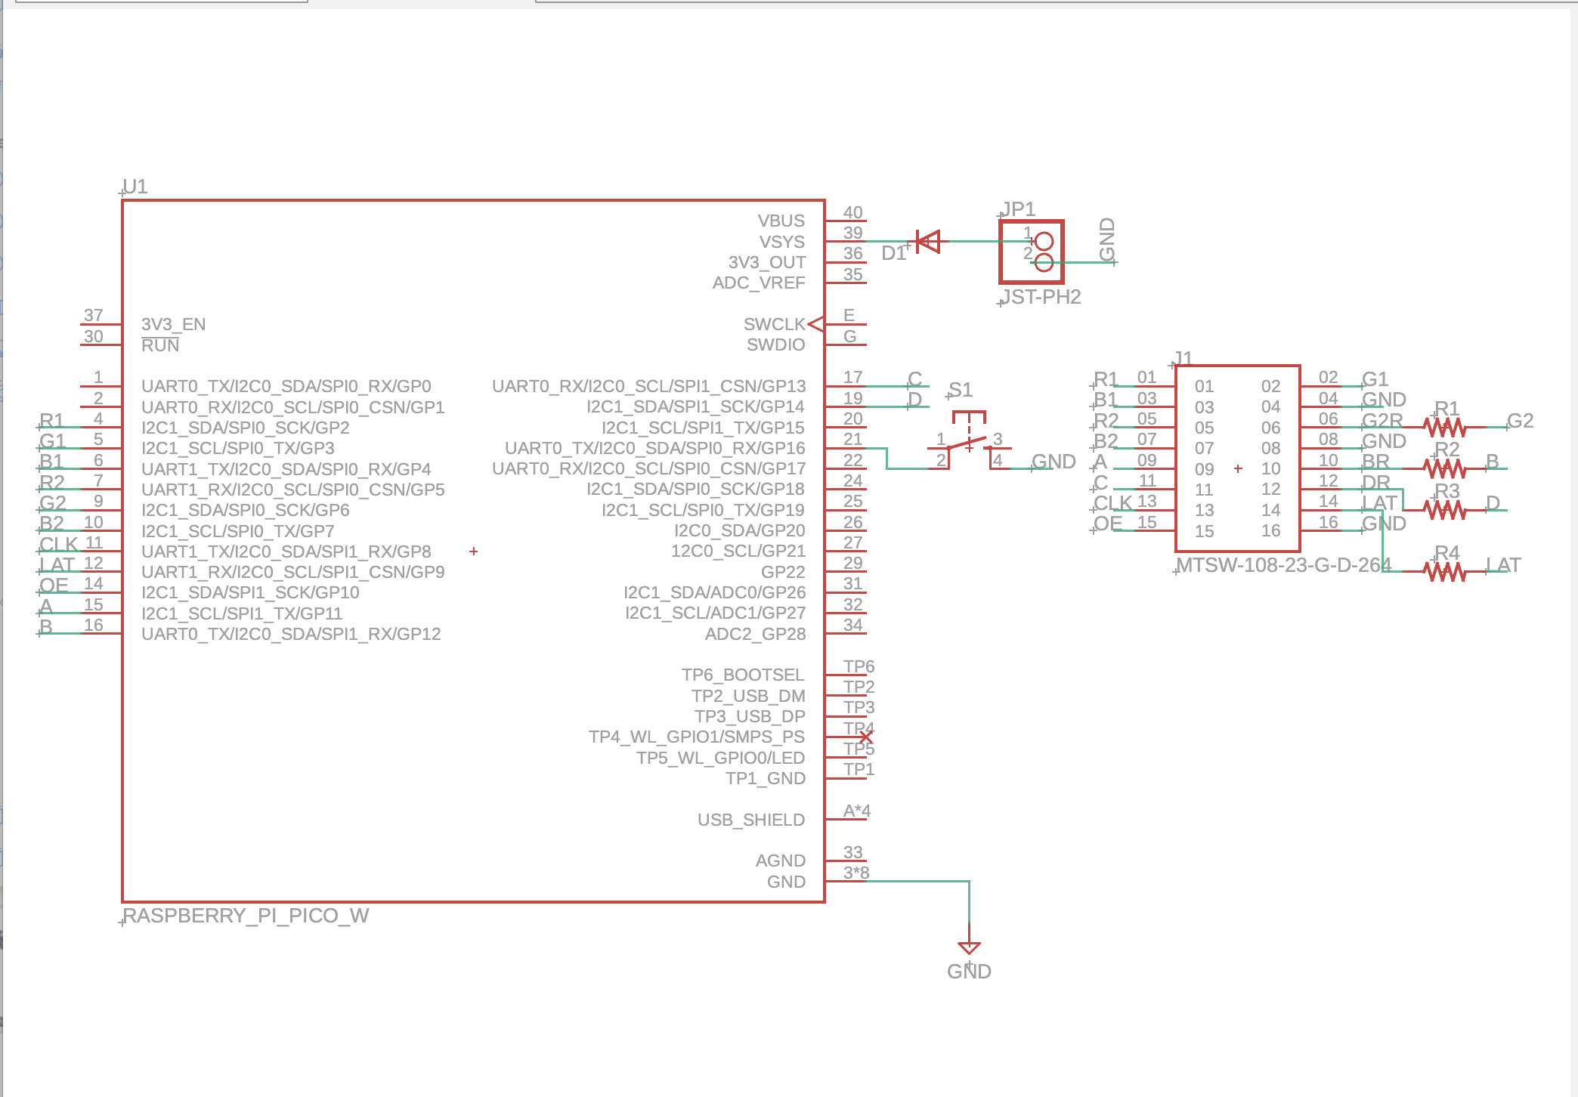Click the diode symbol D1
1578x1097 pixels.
pos(927,242)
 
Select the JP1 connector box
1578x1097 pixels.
pos(1032,252)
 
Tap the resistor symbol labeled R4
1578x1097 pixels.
pos(1445,572)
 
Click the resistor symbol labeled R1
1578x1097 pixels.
pos(1445,428)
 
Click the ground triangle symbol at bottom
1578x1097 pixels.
pos(969,947)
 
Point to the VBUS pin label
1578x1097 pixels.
pos(781,221)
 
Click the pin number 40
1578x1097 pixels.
pos(852,212)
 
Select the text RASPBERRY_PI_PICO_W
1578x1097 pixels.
pos(246,916)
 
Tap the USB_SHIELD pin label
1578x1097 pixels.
pos(750,820)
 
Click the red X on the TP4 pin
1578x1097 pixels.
pos(866,737)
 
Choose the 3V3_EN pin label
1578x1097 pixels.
pos(173,324)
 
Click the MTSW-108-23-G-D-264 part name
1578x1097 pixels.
pos(1283,565)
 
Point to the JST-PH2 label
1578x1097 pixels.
pos(1041,297)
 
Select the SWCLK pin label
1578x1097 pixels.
pos(774,324)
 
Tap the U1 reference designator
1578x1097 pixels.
pos(135,187)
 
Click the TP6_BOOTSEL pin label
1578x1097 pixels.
pos(742,675)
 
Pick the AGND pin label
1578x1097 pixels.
pos(780,861)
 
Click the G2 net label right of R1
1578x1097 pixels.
pos(1520,421)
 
